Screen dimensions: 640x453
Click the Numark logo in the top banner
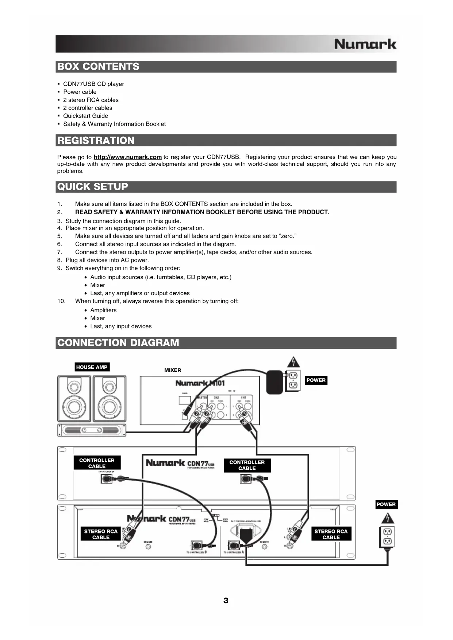tap(365, 44)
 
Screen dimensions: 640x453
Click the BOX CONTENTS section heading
tap(99, 67)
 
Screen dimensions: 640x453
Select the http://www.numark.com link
tap(127, 157)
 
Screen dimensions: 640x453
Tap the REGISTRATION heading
tap(96, 140)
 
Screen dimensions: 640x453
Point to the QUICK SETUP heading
tap(93, 187)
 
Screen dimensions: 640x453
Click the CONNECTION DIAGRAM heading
tap(118, 343)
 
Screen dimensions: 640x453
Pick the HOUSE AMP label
tap(92, 367)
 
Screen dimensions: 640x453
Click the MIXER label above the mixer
tap(173, 370)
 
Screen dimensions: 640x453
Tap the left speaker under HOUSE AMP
tap(74, 399)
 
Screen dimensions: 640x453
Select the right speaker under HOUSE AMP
tap(109, 399)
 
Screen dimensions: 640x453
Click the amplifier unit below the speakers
tap(92, 430)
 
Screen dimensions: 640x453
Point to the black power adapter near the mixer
tap(275, 382)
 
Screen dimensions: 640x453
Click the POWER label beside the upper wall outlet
tap(316, 380)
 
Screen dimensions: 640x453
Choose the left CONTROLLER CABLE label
tap(97, 463)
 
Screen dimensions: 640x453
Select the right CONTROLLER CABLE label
tap(247, 465)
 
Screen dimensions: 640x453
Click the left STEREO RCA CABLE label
tap(101, 535)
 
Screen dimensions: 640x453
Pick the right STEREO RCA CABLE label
tap(331, 535)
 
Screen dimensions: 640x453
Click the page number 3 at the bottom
tap(226, 601)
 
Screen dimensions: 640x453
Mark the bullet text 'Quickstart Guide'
tap(85, 116)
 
